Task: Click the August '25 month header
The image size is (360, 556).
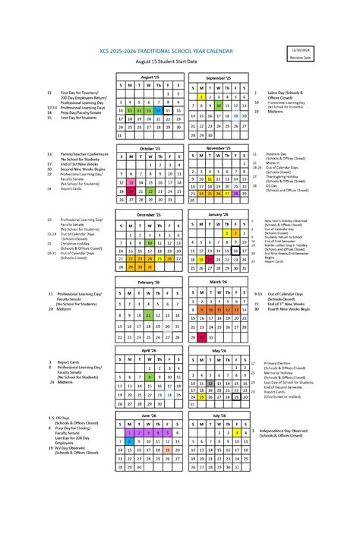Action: click(x=150, y=77)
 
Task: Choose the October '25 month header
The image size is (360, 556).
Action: click(x=150, y=148)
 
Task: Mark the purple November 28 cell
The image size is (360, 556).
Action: click(x=236, y=193)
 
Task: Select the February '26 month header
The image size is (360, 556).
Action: click(x=150, y=282)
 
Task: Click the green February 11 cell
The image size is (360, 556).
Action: click(x=150, y=314)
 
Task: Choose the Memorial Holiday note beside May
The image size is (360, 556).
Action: click(x=277, y=372)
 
